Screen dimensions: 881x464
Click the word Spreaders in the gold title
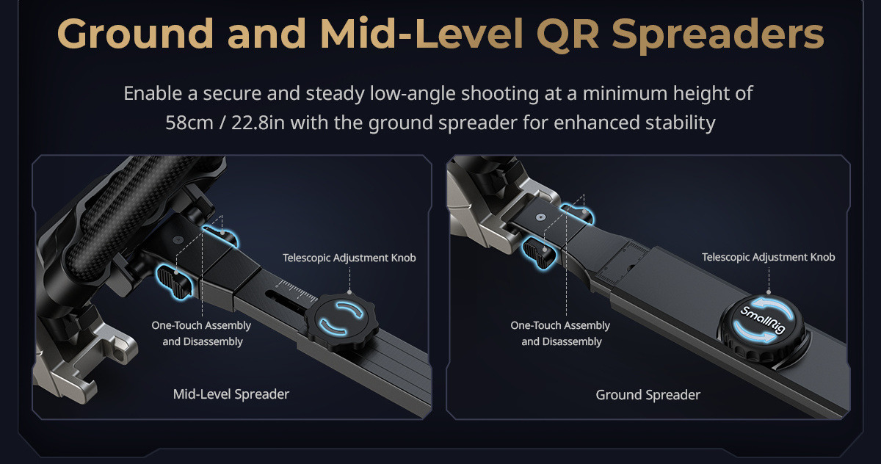click(x=718, y=35)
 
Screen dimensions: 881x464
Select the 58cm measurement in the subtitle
click(x=189, y=123)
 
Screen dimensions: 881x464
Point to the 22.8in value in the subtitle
click(x=258, y=123)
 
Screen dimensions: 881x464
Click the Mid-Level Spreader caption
click(x=231, y=394)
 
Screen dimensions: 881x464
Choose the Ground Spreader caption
click(x=648, y=395)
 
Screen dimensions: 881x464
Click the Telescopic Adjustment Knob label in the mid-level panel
click(x=349, y=258)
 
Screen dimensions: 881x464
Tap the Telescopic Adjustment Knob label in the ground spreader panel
click(x=768, y=257)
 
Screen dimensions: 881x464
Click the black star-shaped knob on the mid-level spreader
click(x=341, y=321)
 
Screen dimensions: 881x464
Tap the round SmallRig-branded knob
click(x=763, y=328)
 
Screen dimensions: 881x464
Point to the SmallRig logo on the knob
click(x=763, y=319)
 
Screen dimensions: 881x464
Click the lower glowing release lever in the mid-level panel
click(x=175, y=281)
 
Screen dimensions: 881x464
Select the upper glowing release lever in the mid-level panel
click(x=220, y=235)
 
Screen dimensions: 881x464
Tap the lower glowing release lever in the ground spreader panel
click(x=540, y=253)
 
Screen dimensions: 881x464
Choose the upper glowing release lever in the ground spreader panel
click(x=577, y=213)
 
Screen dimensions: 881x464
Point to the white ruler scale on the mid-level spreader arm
click(x=297, y=291)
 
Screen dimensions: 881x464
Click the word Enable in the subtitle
click(x=153, y=93)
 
